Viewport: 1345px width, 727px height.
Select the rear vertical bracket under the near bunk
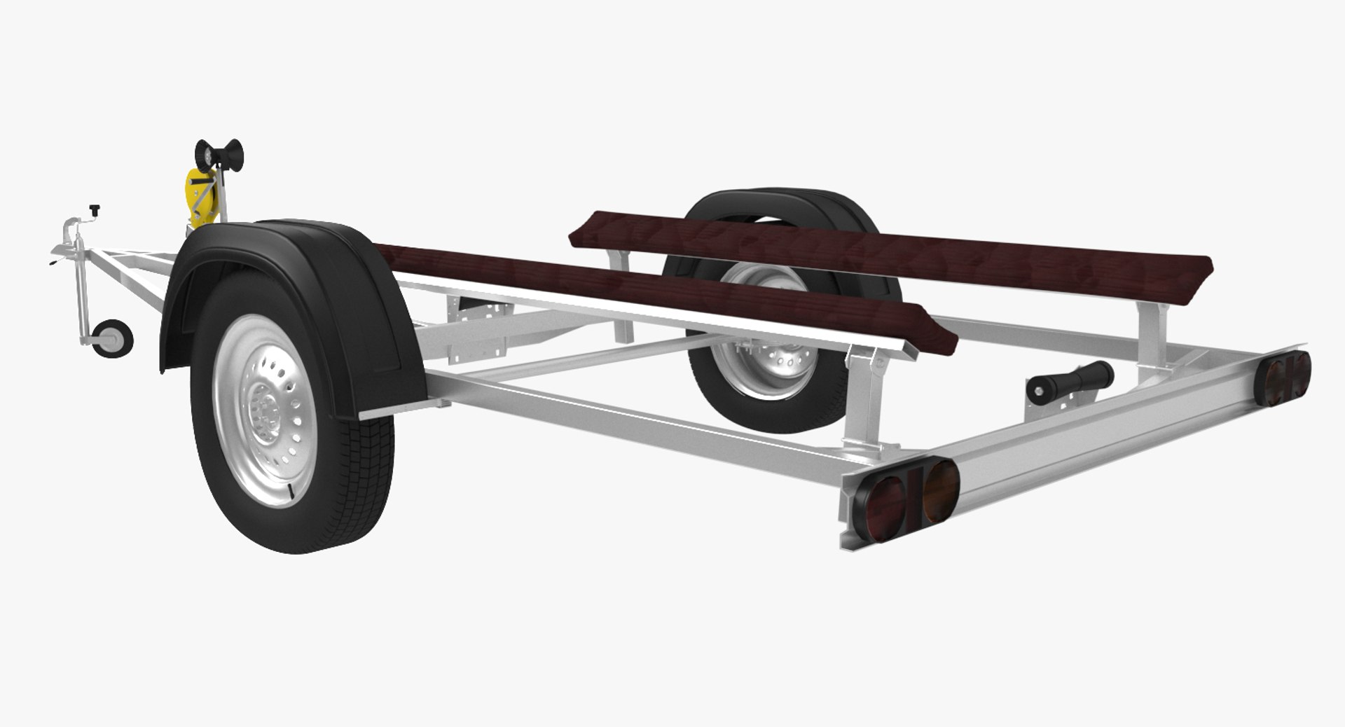point(859,399)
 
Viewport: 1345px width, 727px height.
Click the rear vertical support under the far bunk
point(1149,322)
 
